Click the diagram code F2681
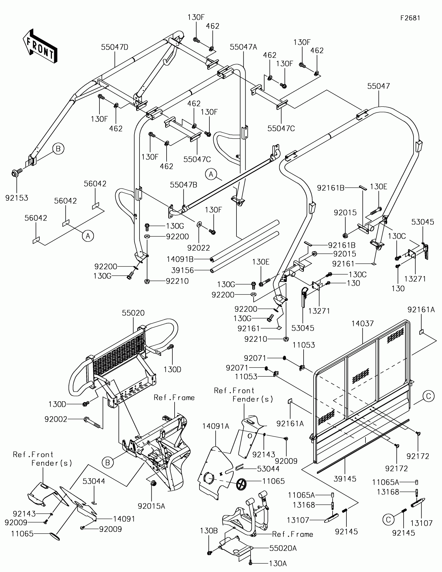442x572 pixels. tap(411, 18)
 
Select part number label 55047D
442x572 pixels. tap(115, 47)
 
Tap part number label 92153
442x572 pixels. tap(17, 198)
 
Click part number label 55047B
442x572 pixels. tap(183, 185)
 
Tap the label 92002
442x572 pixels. tap(56, 420)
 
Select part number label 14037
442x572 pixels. tap(363, 323)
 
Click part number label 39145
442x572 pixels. tap(345, 479)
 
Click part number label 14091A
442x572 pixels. tap(216, 426)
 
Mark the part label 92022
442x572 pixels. tap(199, 247)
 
